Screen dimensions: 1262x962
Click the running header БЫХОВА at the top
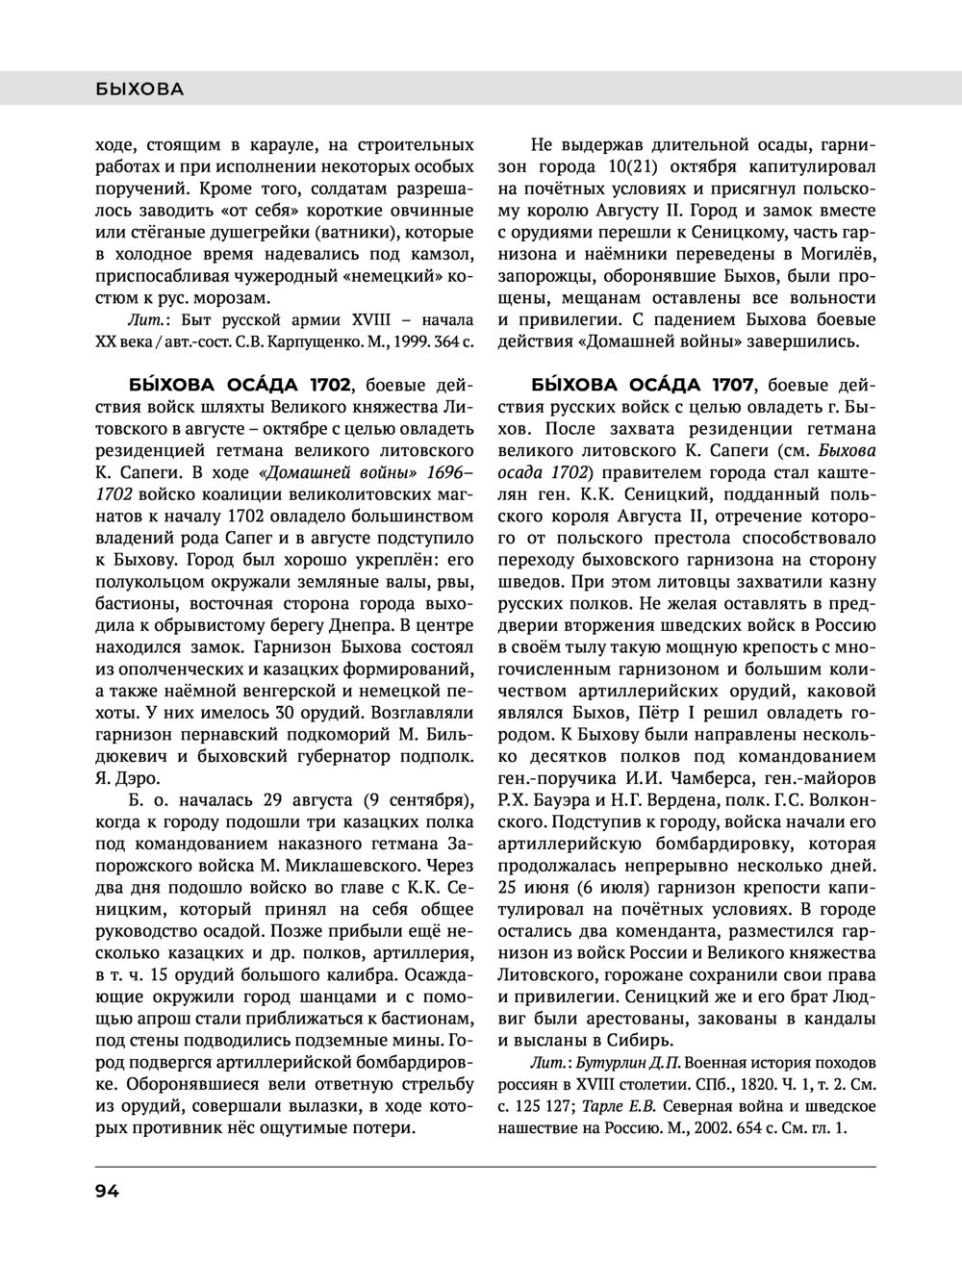[x=139, y=89]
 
